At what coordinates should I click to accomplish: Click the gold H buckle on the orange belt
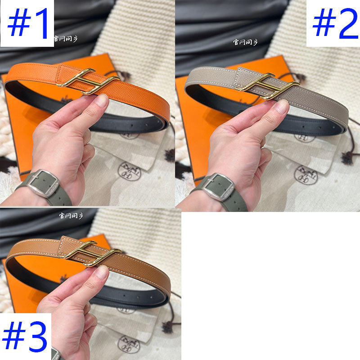[88, 81]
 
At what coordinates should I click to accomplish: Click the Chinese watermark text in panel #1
[66, 39]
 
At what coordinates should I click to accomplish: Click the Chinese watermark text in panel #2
[246, 42]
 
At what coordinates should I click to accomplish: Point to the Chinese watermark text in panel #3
[71, 216]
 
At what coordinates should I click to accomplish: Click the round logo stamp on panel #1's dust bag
[129, 171]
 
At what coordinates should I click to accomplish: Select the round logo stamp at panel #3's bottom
[128, 344]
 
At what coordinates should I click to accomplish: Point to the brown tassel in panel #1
[170, 155]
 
